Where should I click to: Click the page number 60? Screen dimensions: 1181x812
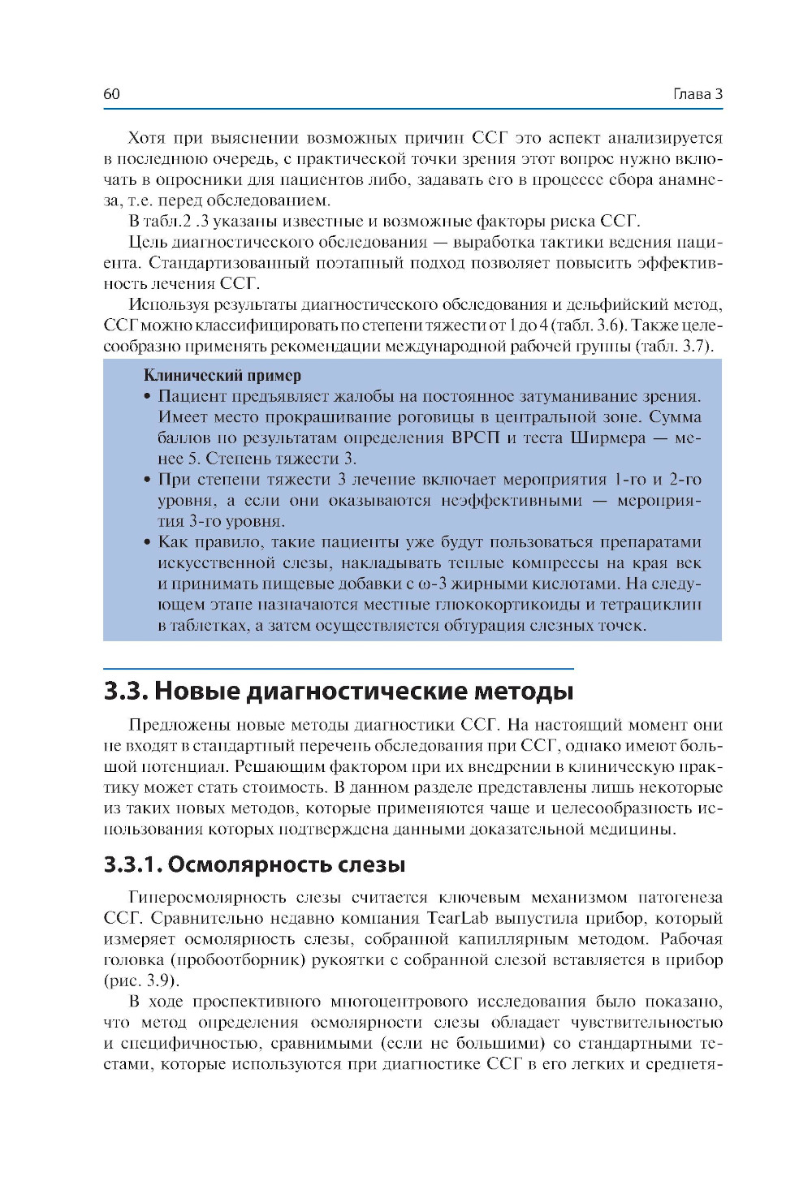(x=111, y=94)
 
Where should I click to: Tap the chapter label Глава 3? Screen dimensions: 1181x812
(x=698, y=94)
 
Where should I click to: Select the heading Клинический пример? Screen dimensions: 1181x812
(x=222, y=375)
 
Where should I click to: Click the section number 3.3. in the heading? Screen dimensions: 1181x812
(x=126, y=691)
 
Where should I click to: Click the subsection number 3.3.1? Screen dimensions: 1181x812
(x=132, y=864)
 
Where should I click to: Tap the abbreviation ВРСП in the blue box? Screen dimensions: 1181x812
(x=475, y=438)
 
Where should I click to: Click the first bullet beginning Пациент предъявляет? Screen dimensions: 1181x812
(x=147, y=397)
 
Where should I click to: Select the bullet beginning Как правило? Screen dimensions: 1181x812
(x=147, y=542)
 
